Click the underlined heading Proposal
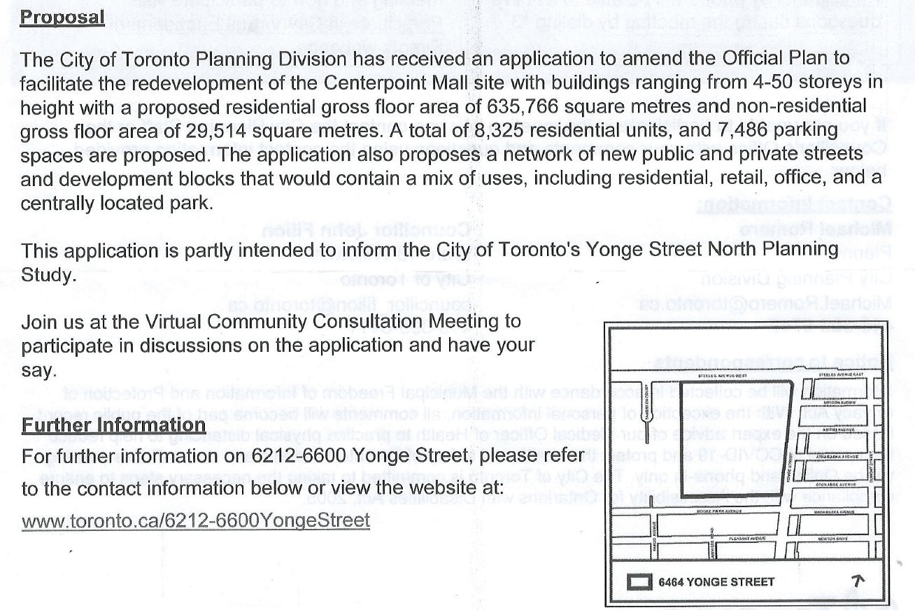click(x=62, y=16)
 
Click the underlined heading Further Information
click(x=113, y=425)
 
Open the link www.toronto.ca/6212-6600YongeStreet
click(x=195, y=520)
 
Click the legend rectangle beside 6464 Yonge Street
click(x=639, y=581)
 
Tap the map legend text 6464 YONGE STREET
click(x=716, y=581)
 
